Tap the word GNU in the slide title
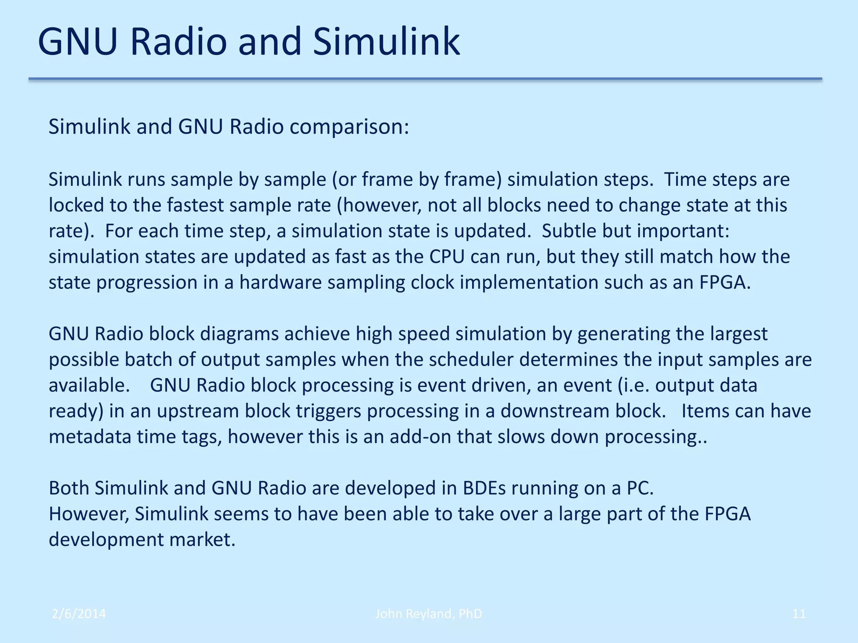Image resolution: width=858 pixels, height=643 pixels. point(77,42)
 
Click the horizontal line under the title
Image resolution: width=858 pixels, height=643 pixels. point(425,79)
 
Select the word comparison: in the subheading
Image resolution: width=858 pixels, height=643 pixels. point(349,127)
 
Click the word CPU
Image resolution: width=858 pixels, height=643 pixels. point(447,257)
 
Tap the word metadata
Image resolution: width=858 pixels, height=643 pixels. point(90,437)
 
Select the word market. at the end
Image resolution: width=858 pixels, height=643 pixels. point(202,540)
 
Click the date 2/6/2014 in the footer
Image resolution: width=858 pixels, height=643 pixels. point(79,614)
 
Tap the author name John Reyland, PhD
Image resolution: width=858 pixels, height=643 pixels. point(428,614)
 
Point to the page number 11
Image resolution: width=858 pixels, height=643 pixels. point(799,614)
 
